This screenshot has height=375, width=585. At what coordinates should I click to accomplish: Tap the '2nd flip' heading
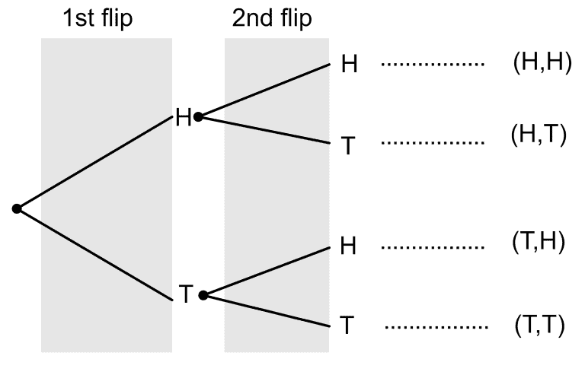pyautogui.click(x=272, y=19)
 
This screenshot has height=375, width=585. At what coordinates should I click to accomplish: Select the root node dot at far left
pyautogui.click(x=17, y=208)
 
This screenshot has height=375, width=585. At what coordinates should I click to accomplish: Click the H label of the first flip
pyautogui.click(x=183, y=118)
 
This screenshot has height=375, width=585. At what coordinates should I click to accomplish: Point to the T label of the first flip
pyautogui.click(x=185, y=295)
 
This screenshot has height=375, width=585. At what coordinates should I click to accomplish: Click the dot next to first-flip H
pyautogui.click(x=198, y=117)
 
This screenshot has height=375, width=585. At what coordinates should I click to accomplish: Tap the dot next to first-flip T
pyautogui.click(x=203, y=295)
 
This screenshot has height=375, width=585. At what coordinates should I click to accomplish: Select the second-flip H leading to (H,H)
pyautogui.click(x=348, y=65)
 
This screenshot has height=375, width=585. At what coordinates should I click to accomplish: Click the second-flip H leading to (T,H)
pyautogui.click(x=348, y=246)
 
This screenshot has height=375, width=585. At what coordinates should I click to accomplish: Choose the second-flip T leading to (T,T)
pyautogui.click(x=348, y=326)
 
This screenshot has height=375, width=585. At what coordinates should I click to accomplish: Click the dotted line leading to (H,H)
pyautogui.click(x=433, y=65)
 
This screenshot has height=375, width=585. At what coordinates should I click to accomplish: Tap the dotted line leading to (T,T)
pyautogui.click(x=436, y=327)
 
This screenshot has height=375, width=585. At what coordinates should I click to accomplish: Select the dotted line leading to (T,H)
pyautogui.click(x=433, y=246)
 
